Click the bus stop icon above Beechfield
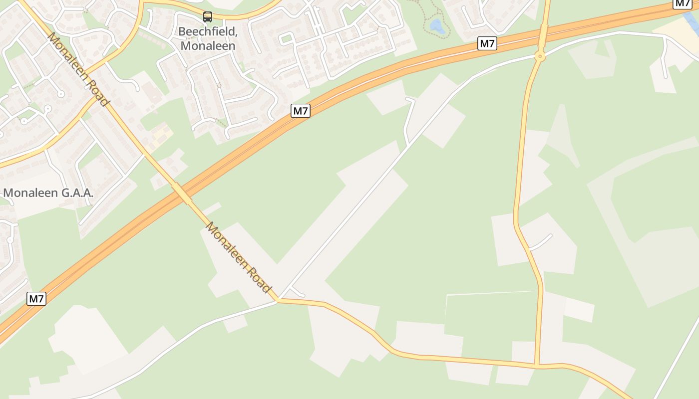pos(208,17)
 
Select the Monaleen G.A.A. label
pos(48,193)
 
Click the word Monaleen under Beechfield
pos(208,45)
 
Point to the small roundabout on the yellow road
pos(539,56)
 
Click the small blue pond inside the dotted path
pos(437,25)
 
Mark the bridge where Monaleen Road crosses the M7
pos(182,193)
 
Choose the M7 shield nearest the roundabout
pos(487,43)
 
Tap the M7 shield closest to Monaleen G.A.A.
pos(36,299)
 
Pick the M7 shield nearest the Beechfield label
pos(301,111)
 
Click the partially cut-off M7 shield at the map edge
pos(683,3)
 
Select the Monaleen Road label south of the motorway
pos(239,257)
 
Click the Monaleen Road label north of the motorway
pos(78,69)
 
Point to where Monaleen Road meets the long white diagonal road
pos(278,300)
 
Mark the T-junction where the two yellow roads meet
pos(537,366)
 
